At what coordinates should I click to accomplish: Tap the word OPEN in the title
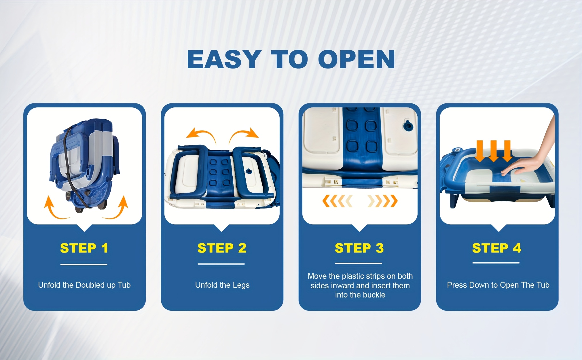click(x=356, y=59)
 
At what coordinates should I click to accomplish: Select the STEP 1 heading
click(x=84, y=248)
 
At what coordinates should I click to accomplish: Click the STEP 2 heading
click(x=222, y=248)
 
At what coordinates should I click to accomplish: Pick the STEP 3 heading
click(x=359, y=248)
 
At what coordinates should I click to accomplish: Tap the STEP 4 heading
click(x=496, y=248)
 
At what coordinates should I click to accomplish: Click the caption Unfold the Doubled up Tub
click(x=84, y=285)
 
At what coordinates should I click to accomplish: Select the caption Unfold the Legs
click(x=222, y=285)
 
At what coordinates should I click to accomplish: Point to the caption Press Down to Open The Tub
click(x=498, y=285)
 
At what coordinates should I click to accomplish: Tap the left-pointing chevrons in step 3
click(x=337, y=201)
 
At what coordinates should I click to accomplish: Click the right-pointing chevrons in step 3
click(x=383, y=201)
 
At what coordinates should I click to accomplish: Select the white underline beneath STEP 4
click(x=496, y=263)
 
